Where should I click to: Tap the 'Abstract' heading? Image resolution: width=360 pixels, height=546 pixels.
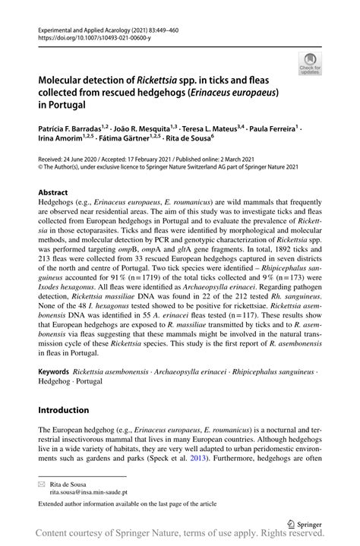52,194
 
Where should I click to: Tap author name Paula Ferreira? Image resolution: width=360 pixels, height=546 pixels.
270,130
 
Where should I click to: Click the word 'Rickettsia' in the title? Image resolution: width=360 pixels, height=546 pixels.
159,79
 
